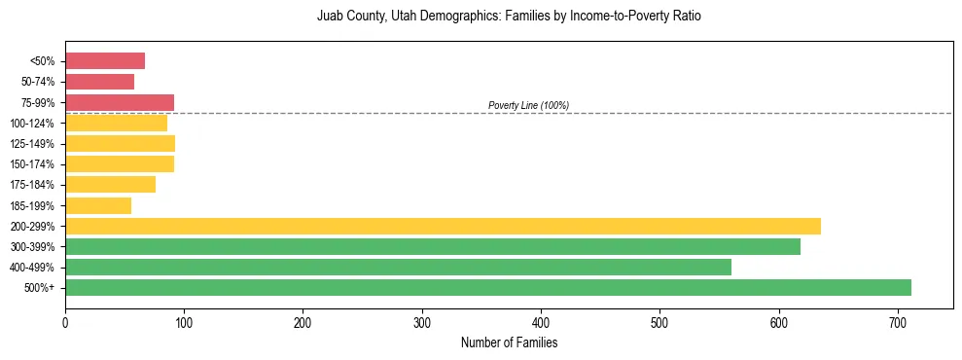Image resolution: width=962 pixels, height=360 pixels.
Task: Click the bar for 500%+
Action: tap(487, 287)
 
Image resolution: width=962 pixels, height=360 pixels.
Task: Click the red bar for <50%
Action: tap(105, 61)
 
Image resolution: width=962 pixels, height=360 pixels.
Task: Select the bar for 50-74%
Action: tap(99, 82)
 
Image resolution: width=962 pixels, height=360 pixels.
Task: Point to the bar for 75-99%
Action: tap(120, 102)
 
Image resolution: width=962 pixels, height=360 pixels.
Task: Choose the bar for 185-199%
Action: tap(98, 205)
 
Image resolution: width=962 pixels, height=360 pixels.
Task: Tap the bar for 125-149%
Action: tap(120, 144)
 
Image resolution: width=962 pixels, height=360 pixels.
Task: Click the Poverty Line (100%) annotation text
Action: tap(528, 105)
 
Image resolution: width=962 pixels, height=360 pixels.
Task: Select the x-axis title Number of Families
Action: tap(509, 342)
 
